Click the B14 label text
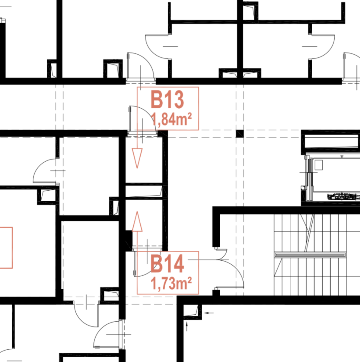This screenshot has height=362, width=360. click(167, 263)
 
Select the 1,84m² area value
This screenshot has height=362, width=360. click(171, 119)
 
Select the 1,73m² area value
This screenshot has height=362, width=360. click(171, 283)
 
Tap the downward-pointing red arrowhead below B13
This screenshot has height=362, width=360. click(137, 158)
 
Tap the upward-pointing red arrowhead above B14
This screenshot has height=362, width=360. click(137, 221)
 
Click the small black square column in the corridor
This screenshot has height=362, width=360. click(240, 134)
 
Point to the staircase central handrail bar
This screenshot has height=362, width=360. click(310, 255)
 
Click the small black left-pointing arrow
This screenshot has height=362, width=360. click(209, 313)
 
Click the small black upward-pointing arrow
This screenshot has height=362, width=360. click(187, 327)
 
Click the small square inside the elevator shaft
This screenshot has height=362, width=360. click(319, 165)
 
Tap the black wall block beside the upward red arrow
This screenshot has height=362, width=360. click(129, 241)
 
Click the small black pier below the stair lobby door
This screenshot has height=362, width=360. click(216, 293)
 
